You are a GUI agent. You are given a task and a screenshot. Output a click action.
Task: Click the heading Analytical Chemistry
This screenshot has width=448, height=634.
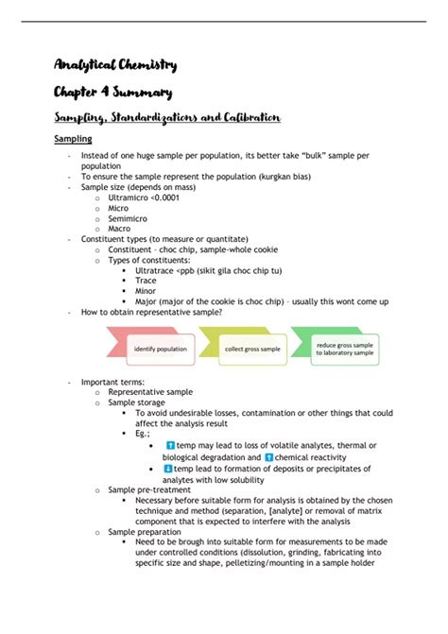[114, 65]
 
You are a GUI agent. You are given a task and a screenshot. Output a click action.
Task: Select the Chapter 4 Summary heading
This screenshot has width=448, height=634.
[112, 93]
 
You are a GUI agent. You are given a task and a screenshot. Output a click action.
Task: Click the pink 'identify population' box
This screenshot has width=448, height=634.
[159, 349]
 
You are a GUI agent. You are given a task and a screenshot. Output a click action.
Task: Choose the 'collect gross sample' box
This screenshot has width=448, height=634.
[251, 349]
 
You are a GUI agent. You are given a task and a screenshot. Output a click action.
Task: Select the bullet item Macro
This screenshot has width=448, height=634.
[120, 229]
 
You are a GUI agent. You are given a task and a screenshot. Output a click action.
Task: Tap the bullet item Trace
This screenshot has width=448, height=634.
[146, 281]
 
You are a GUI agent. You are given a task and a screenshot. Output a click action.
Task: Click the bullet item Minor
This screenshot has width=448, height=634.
[146, 291]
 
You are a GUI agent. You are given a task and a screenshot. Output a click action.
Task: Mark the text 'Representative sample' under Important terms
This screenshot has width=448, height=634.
[150, 391]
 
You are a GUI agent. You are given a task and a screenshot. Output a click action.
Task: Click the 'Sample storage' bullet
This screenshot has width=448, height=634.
[137, 402]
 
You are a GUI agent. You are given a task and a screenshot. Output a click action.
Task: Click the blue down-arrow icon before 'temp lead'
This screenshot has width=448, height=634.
[168, 468]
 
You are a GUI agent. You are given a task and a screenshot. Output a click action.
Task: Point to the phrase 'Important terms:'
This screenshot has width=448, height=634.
[112, 381]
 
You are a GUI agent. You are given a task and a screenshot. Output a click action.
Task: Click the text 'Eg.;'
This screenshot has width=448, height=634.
[142, 433]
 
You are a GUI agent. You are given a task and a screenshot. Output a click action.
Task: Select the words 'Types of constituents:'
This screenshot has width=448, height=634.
[148, 260]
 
